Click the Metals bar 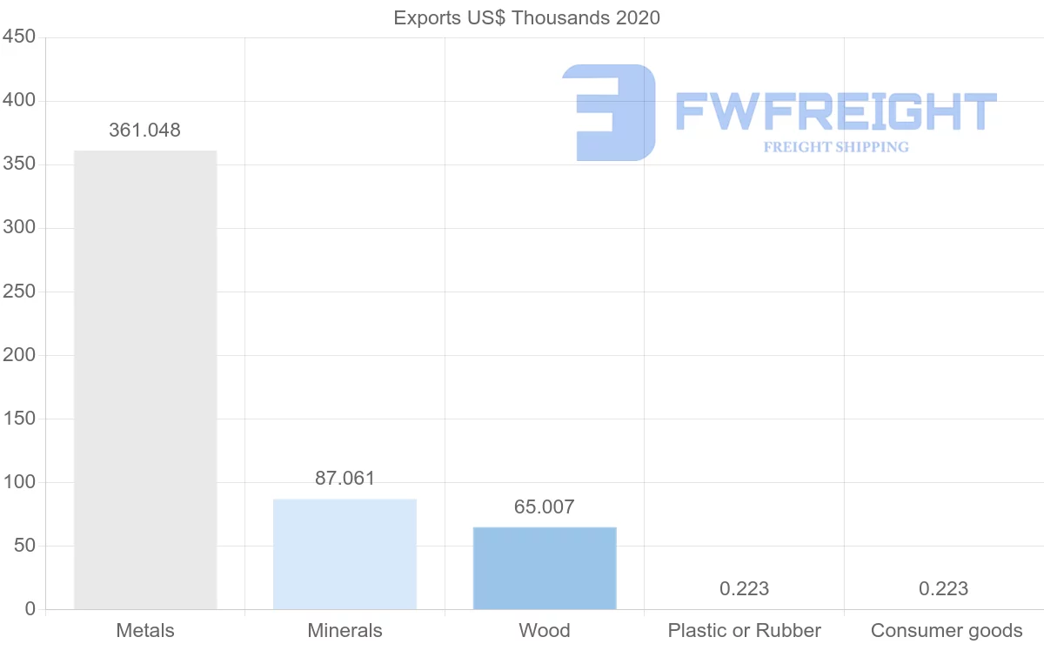tap(145, 379)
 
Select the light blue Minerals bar tap(345, 553)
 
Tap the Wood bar tap(545, 567)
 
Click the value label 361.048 tap(144, 131)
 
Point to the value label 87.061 tap(345, 479)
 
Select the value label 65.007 tap(545, 506)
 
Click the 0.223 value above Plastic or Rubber tap(744, 589)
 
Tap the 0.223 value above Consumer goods tap(943, 589)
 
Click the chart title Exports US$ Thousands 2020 tap(526, 17)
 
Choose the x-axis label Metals tap(145, 631)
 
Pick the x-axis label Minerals tap(345, 631)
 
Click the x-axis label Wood tap(545, 631)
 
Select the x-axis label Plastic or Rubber tap(744, 631)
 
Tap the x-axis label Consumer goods tap(947, 631)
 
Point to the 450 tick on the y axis tap(18, 37)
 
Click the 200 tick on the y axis tap(18, 355)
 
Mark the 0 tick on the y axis tap(30, 609)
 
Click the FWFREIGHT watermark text tap(835, 111)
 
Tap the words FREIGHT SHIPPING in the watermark tap(836, 147)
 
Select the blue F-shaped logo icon tap(609, 112)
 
